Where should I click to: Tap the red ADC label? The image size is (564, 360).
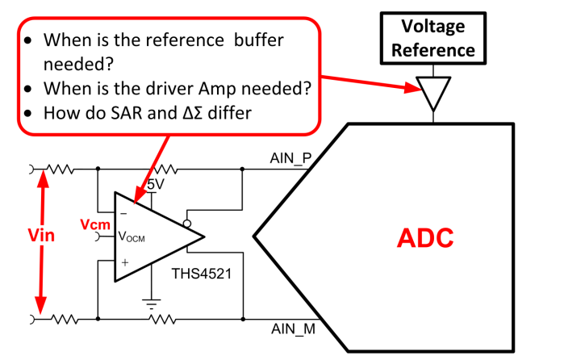(x=425, y=237)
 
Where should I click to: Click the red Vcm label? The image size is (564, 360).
(x=94, y=223)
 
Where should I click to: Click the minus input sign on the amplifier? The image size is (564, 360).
(x=125, y=213)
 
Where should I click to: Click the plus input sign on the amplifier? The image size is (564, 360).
(x=125, y=262)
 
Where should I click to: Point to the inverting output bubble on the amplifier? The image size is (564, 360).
(x=187, y=223)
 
